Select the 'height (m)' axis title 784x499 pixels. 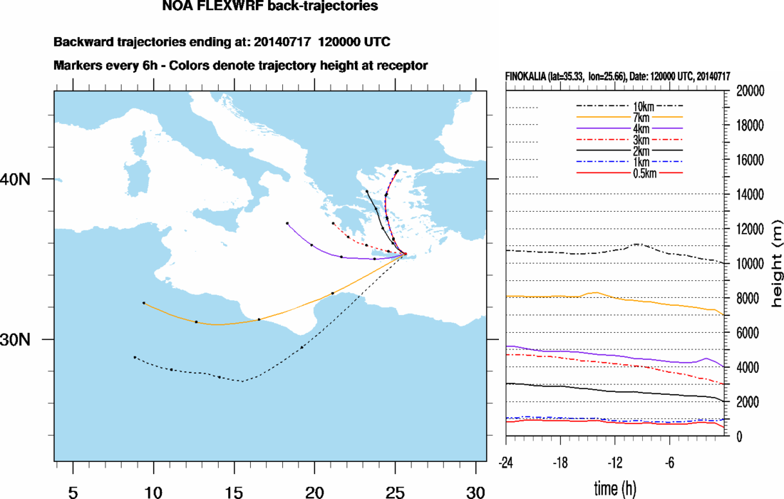click(x=777, y=264)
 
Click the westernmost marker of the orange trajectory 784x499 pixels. click(x=144, y=303)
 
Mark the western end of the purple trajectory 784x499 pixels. click(x=287, y=223)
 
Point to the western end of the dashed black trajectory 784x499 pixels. click(x=135, y=357)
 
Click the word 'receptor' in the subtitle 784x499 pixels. click(x=401, y=66)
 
